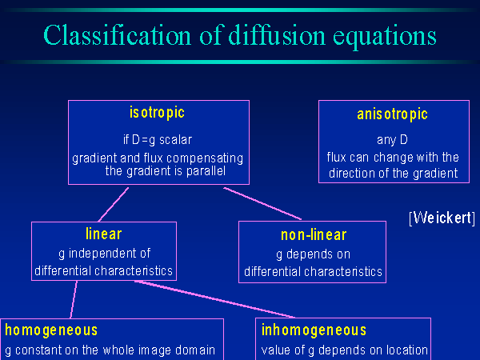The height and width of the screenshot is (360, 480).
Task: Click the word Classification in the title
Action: click(x=118, y=35)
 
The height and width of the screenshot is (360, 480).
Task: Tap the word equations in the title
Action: click(x=385, y=38)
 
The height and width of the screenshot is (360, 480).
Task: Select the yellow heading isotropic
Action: click(x=157, y=113)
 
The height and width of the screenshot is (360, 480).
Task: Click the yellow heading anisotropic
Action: click(x=392, y=114)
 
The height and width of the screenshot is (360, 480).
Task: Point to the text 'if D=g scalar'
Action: click(x=158, y=140)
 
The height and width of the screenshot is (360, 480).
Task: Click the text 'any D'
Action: click(x=392, y=140)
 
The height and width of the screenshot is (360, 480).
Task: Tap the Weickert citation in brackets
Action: click(x=442, y=218)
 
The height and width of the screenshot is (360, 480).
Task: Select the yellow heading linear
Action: click(x=104, y=234)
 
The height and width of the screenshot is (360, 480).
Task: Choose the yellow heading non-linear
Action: click(x=314, y=235)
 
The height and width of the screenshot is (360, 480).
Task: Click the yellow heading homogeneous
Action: click(x=51, y=330)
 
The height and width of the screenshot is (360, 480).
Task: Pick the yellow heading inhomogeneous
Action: click(x=314, y=330)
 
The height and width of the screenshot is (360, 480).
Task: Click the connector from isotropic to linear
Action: click(x=114, y=205)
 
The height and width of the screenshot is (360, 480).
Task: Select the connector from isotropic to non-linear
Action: click(x=262, y=203)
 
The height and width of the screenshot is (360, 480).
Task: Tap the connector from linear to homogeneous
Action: click(x=74, y=300)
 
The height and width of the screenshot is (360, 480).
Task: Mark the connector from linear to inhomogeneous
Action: click(x=215, y=299)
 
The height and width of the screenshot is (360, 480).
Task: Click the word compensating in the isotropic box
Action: click(x=205, y=158)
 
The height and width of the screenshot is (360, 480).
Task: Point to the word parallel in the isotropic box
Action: click(x=206, y=171)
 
